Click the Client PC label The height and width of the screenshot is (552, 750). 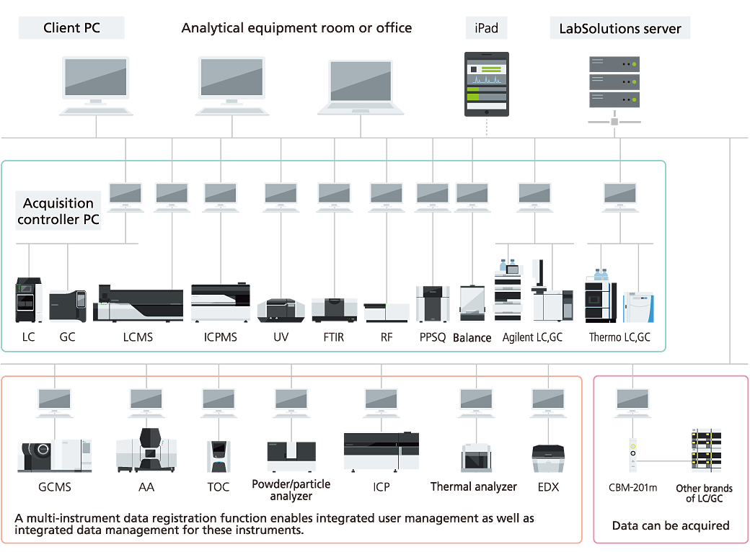click(x=71, y=28)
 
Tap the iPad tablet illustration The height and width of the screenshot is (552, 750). click(x=486, y=84)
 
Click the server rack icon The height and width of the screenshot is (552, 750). click(x=614, y=81)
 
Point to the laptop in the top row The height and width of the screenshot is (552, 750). click(x=361, y=87)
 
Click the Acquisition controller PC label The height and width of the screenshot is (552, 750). click(x=58, y=211)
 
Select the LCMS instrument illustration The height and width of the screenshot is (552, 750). click(x=138, y=303)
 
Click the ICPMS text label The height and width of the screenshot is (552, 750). click(x=220, y=337)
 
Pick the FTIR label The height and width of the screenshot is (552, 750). click(x=334, y=337)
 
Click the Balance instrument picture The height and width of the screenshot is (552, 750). click(x=472, y=303)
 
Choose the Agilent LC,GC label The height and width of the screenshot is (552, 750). click(x=532, y=337)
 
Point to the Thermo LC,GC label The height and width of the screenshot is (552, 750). click(x=619, y=337)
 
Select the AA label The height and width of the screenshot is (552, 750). click(x=146, y=487)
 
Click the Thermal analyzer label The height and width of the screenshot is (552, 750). click(x=473, y=486)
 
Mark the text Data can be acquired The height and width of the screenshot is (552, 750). click(x=671, y=525)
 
